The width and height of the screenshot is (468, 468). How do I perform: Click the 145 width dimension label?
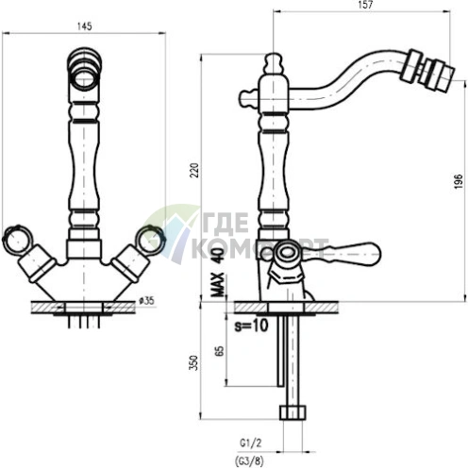click(x=84, y=26)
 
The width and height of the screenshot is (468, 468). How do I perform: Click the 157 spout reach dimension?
click(x=365, y=5)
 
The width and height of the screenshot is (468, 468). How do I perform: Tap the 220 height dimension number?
click(x=194, y=170)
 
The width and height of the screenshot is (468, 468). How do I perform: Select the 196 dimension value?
click(x=459, y=181)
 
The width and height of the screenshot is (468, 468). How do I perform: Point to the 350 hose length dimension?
click(x=194, y=362)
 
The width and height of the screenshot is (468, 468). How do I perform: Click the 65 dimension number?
click(x=220, y=351)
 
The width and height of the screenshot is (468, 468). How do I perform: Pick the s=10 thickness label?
click(x=251, y=326)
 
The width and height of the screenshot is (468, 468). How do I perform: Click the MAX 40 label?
click(x=218, y=272)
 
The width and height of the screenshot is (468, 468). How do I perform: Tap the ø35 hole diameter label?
click(x=146, y=301)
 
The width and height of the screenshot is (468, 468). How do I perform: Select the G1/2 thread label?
click(x=251, y=443)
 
